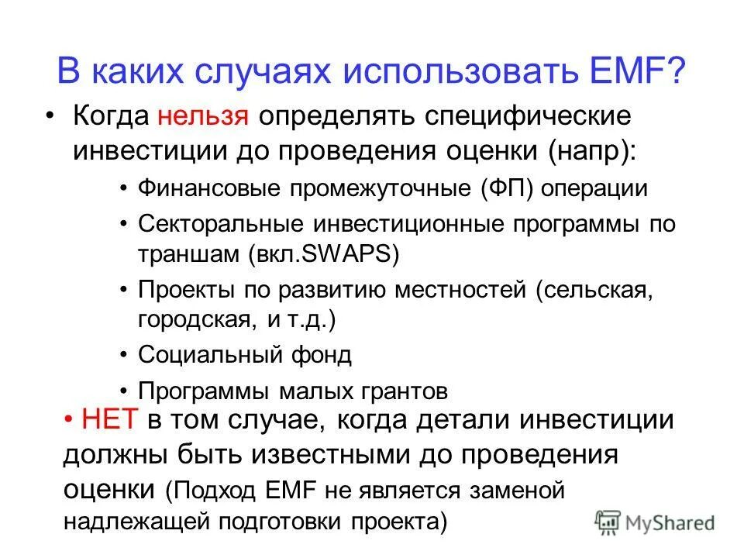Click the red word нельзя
(x=203, y=116)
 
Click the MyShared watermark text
(x=669, y=523)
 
